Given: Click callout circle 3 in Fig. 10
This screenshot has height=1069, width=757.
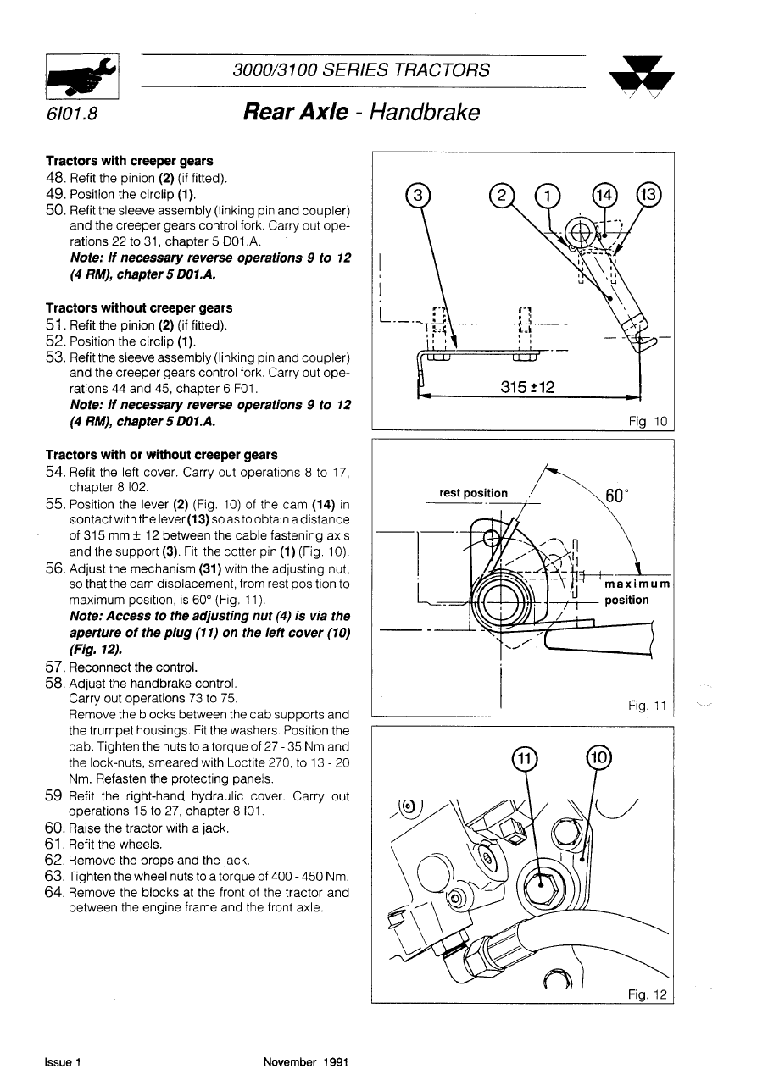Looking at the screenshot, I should (x=418, y=196).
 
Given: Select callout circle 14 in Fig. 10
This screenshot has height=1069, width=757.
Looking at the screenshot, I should (x=605, y=196).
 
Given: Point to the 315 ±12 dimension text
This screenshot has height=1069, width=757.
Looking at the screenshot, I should (x=527, y=387).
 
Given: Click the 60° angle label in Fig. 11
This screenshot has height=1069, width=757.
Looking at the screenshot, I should (x=615, y=496).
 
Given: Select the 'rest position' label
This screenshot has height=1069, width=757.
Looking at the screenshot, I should (x=474, y=493).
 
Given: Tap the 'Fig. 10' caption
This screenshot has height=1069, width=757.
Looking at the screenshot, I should (x=649, y=421).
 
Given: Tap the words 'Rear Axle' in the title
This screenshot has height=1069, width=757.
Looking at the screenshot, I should (x=294, y=113).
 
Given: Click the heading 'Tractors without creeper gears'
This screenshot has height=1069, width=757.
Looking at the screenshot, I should (x=139, y=308).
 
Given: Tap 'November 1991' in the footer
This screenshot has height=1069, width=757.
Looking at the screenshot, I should (x=305, y=1061).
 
